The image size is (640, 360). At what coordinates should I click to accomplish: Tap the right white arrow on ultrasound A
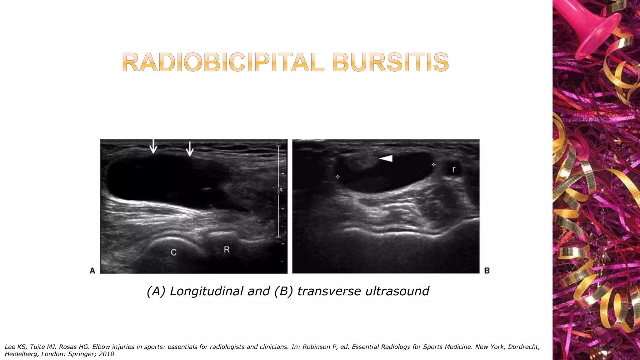[x=190, y=148]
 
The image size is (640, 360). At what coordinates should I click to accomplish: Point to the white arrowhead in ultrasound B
[x=386, y=159]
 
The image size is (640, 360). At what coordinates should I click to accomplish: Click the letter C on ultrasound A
[x=174, y=252]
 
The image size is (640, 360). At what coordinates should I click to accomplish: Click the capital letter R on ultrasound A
[x=227, y=249]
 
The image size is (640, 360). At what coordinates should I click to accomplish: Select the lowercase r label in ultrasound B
[x=454, y=169]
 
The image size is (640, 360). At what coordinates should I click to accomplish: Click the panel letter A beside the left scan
[x=92, y=270]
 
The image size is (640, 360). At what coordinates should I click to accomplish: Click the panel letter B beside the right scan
[x=487, y=271]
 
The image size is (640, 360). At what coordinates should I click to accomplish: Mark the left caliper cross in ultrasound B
[x=337, y=177]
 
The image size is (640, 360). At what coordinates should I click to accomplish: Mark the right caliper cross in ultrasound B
[x=433, y=164]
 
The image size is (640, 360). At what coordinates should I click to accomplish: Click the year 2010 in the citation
[x=106, y=354]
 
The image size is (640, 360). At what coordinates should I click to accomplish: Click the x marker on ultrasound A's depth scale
[x=281, y=189]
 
